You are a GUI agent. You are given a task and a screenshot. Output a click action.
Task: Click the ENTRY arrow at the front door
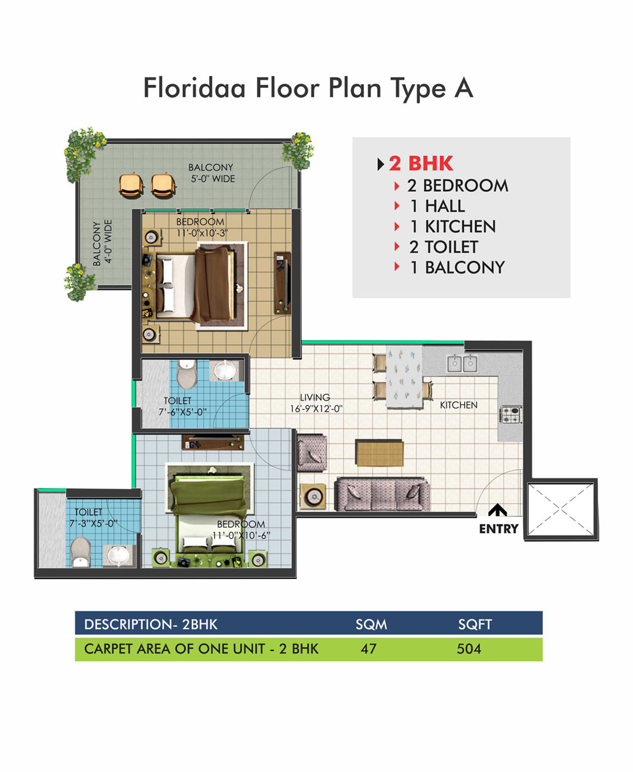click(497, 510)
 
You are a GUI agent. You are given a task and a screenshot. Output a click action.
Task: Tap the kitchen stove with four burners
click(510, 414)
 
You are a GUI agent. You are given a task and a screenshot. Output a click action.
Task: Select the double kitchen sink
click(462, 364)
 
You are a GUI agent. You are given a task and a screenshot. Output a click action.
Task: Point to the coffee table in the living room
click(380, 454)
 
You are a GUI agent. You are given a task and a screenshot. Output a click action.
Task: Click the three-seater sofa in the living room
click(382, 494)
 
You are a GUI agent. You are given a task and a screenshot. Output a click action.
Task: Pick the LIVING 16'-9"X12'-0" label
click(316, 402)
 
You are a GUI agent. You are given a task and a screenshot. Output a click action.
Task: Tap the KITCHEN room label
click(458, 405)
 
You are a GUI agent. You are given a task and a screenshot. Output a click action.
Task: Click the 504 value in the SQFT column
click(468, 649)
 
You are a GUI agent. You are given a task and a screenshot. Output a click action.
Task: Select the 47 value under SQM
click(368, 649)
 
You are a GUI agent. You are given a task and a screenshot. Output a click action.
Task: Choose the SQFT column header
click(475, 624)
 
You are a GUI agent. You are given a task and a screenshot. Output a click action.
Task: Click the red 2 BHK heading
click(421, 163)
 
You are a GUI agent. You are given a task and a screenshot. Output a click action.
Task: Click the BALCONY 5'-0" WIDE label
click(212, 173)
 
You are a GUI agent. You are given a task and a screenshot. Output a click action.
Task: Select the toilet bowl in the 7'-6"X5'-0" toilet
click(187, 373)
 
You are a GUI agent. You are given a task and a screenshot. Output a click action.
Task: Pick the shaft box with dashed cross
click(561, 509)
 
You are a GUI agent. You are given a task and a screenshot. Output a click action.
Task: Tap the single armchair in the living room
click(311, 453)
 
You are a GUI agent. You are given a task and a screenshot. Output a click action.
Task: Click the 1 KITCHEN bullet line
click(445, 226)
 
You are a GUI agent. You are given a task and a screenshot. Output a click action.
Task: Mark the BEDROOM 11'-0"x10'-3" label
click(202, 227)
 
